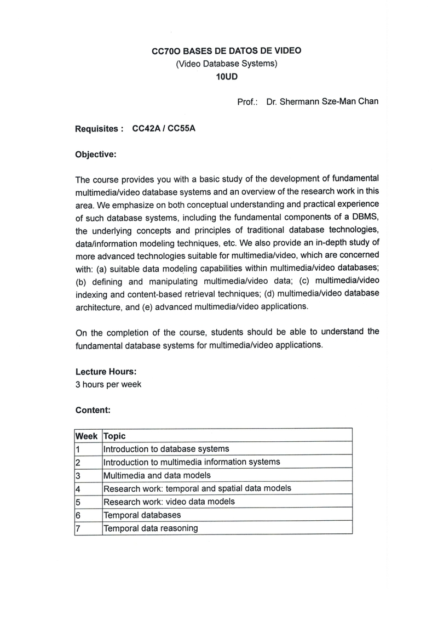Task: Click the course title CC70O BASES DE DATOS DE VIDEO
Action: (x=226, y=51)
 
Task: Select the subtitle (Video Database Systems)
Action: (x=226, y=64)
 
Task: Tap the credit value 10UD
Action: (x=226, y=77)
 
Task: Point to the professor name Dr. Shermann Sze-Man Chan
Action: (x=322, y=102)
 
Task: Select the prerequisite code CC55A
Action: (x=182, y=129)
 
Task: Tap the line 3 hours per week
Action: (x=108, y=384)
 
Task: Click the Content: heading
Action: (x=93, y=409)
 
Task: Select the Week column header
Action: (x=87, y=436)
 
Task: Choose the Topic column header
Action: (x=114, y=436)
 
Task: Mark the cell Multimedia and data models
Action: (x=157, y=475)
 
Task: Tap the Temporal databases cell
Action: (x=142, y=515)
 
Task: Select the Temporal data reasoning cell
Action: (x=151, y=528)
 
